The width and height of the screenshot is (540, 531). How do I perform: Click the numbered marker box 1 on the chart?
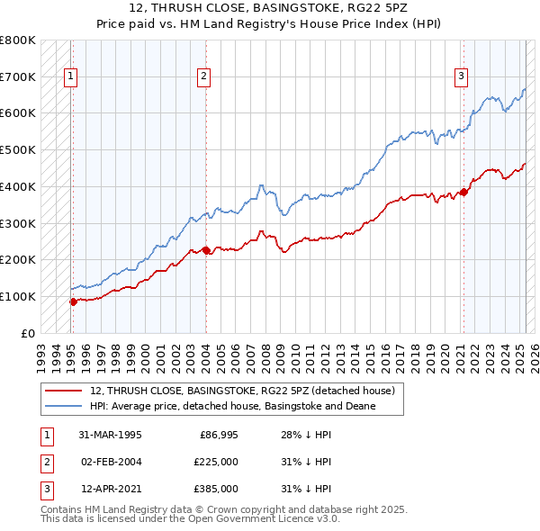pyautogui.click(x=69, y=77)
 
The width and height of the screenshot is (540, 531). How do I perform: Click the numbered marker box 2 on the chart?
pyautogui.click(x=204, y=77)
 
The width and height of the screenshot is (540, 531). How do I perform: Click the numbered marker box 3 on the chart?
pyautogui.click(x=460, y=77)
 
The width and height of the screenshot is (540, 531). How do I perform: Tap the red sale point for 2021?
pyautogui.click(x=463, y=191)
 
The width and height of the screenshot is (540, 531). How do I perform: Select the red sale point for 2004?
pyautogui.click(x=206, y=250)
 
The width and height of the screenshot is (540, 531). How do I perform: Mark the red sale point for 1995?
pyautogui.click(x=74, y=301)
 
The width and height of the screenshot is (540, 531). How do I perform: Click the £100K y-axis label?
pyautogui.click(x=18, y=296)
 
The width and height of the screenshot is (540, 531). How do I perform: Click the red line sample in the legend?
pyautogui.click(x=64, y=391)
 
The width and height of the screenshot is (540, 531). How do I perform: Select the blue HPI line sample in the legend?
pyautogui.click(x=64, y=406)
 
